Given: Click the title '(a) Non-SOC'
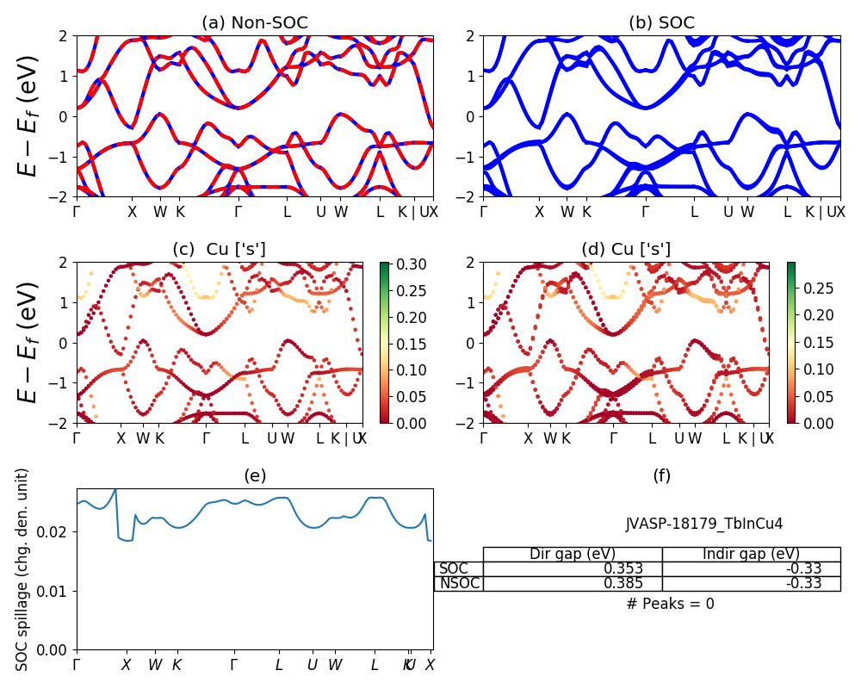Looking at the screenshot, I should click(254, 23).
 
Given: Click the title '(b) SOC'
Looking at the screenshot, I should click(661, 23).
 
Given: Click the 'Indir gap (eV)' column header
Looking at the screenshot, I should click(751, 554).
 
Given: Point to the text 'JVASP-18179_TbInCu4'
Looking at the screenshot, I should click(704, 524).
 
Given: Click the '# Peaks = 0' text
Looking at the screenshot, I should click(670, 604).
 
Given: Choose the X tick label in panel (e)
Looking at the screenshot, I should click(126, 665).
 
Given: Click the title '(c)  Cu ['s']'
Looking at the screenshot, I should click(219, 249).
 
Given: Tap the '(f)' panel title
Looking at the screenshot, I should click(661, 475).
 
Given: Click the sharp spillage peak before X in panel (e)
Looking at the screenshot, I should click(115, 490).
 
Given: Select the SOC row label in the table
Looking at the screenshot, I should click(455, 568).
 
